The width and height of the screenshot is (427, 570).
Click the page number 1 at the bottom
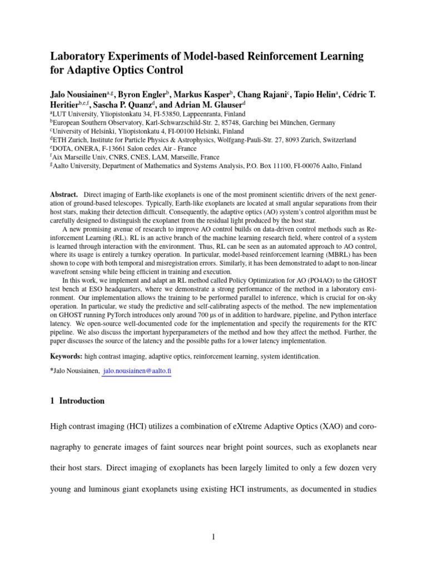pyautogui.click(x=213, y=537)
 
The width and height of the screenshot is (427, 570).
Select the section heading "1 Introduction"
pyautogui.click(x=77, y=401)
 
